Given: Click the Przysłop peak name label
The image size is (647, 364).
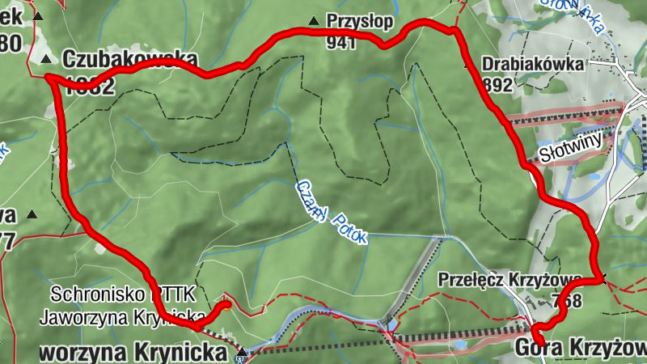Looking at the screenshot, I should pos(353,20).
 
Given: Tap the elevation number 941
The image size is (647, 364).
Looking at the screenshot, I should pos(341,43).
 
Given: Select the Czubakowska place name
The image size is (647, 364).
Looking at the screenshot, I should pos(129,59).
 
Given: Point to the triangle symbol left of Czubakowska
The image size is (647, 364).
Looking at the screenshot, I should pos(46,59).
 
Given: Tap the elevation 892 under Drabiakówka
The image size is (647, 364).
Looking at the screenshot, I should pos(496,84).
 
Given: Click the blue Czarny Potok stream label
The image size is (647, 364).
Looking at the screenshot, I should pos(332,211).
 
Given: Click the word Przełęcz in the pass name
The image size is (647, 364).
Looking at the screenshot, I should pos(471,280).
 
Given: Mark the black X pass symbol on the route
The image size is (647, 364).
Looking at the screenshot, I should pos(601,280).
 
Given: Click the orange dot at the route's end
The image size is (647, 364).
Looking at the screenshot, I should pos(227,305).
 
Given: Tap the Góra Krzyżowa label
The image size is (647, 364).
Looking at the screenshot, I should pos(581,348).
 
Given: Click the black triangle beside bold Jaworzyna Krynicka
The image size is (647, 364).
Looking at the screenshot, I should pos(241,353).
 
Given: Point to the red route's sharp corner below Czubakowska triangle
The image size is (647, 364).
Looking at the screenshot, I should pos(49,78).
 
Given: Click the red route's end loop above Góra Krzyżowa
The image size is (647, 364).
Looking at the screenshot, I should pos(536,332).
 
